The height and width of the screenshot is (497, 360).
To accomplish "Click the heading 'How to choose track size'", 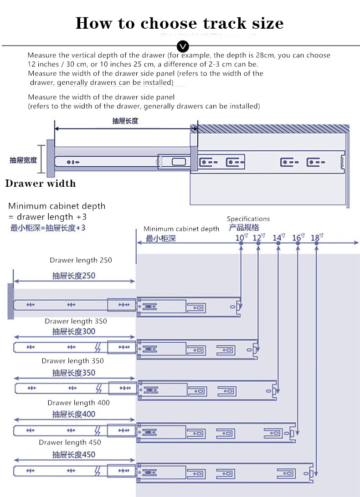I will coord(180,23).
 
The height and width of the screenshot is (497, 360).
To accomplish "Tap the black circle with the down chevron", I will coord(183,46).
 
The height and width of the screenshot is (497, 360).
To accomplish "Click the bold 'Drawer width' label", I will coord(41,184).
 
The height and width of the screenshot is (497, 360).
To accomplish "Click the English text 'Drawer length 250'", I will coord(81,260).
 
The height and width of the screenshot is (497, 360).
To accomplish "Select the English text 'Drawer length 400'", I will coord(78,403).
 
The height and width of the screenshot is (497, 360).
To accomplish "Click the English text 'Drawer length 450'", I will coord(70,442).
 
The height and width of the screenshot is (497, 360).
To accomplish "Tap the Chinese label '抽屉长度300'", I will coord(74,332).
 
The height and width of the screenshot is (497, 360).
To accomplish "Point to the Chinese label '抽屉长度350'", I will coord(74,373).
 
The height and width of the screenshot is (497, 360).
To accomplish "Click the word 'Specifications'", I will coord(248,219).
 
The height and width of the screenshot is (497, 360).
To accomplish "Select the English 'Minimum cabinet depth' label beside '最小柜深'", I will coord(181,229).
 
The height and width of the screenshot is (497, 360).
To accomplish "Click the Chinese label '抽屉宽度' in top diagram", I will coord(23,160).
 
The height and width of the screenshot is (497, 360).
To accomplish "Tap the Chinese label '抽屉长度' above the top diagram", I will coord(125,121).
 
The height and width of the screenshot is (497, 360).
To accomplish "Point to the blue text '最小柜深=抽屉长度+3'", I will coord(48,228).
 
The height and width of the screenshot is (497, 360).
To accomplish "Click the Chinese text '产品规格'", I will coord(243,227).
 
